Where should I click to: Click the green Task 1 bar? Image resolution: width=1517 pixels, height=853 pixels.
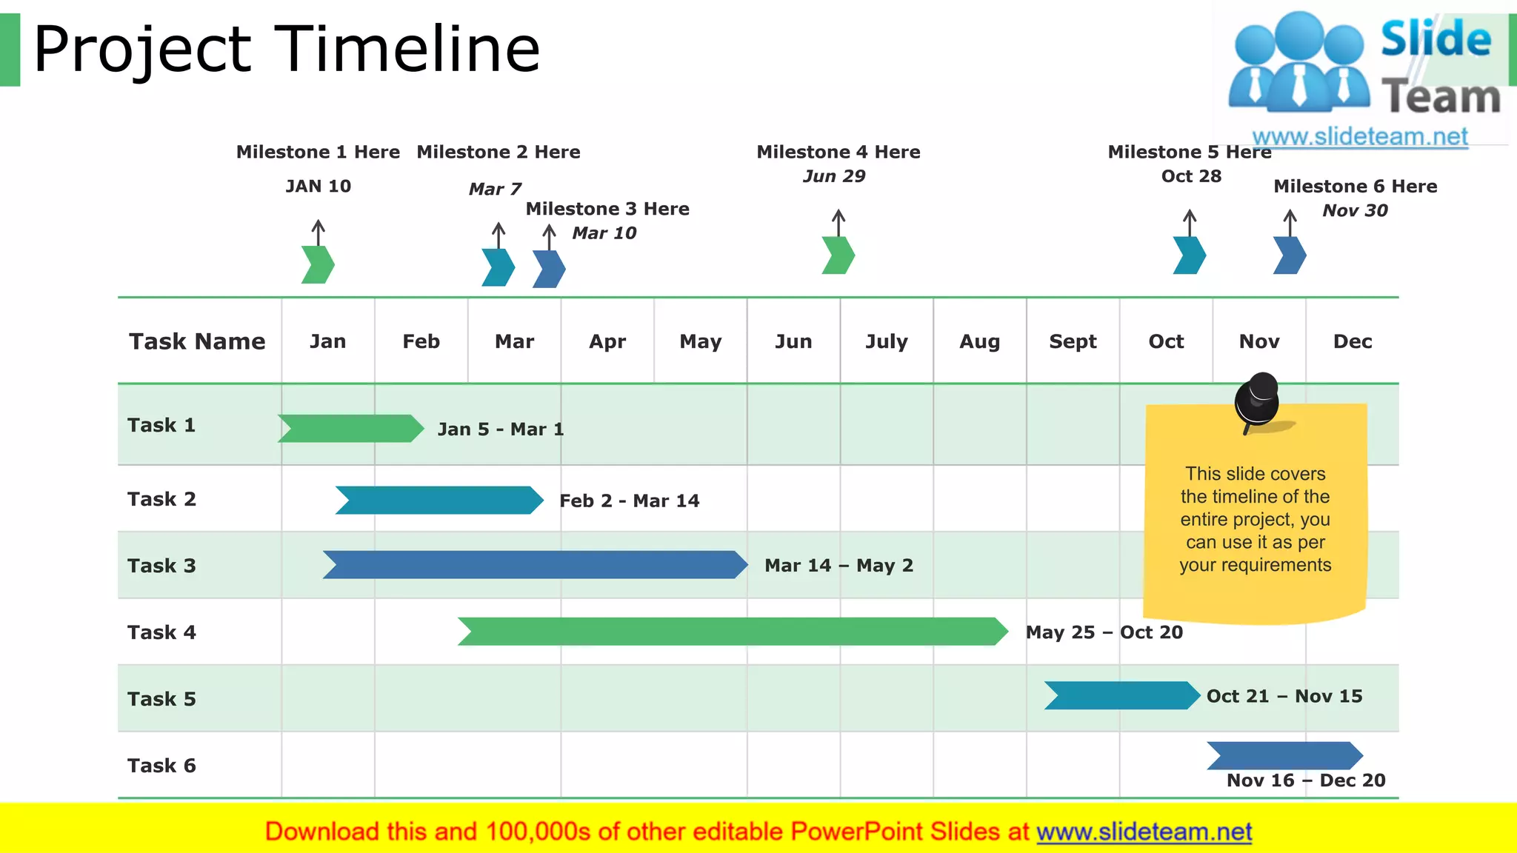(x=350, y=428)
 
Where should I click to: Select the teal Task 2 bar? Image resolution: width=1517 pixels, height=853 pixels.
(x=439, y=500)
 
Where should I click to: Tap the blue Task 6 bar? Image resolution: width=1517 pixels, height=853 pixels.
(x=1284, y=755)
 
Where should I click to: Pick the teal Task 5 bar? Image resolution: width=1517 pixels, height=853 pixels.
(x=1121, y=695)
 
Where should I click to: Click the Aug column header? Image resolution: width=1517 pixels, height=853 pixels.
(x=979, y=341)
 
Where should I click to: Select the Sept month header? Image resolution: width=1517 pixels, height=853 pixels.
(x=1073, y=341)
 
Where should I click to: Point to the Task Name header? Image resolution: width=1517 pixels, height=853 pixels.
(x=197, y=341)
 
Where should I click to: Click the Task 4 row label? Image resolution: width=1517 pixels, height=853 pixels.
(x=161, y=632)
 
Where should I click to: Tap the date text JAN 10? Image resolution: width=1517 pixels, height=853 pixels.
(x=319, y=186)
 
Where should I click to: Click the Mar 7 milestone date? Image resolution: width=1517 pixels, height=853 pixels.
(x=495, y=189)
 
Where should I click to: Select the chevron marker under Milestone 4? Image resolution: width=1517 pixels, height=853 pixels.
(x=838, y=255)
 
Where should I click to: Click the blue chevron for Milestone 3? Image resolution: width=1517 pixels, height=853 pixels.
(x=549, y=269)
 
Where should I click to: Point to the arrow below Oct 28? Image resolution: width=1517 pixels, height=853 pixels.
(x=1190, y=222)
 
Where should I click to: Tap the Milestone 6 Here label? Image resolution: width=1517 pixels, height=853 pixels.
(x=1355, y=186)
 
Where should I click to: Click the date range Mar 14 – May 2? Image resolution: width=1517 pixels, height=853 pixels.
(x=838, y=566)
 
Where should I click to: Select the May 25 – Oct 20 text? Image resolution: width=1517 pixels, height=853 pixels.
(x=1104, y=632)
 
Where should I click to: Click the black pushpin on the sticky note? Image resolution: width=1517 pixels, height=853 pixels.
(x=1258, y=400)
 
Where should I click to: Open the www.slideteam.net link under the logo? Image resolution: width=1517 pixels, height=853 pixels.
(x=1360, y=136)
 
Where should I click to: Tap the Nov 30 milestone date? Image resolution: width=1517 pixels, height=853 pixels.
(x=1355, y=210)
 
